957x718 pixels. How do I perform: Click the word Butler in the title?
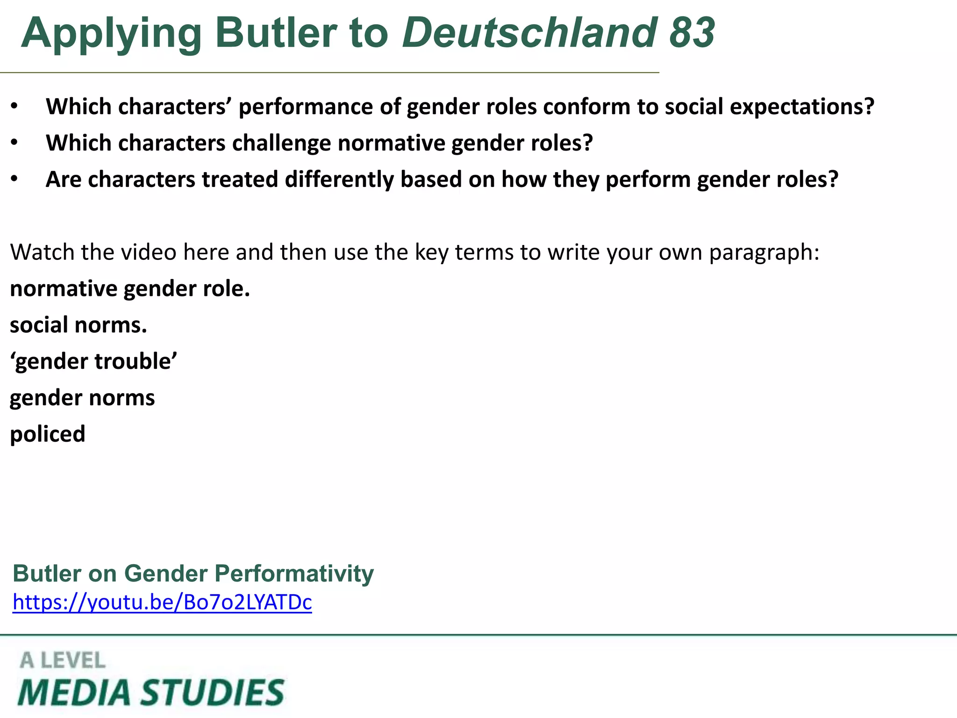click(x=276, y=33)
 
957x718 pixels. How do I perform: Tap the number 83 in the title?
click(x=692, y=33)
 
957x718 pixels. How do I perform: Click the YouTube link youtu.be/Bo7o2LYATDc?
click(x=162, y=602)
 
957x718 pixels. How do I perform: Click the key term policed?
click(x=48, y=434)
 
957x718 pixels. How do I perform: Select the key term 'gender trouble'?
click(x=93, y=361)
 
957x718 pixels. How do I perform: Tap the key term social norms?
click(x=79, y=325)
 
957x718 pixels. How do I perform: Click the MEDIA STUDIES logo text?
click(x=150, y=692)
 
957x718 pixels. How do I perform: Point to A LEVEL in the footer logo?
click(x=63, y=661)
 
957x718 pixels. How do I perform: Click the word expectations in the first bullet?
click(x=802, y=107)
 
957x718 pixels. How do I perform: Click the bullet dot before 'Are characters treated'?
click(x=14, y=179)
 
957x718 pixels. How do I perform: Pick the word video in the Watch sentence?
click(x=149, y=252)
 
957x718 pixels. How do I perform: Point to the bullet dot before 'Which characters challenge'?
click(x=14, y=143)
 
